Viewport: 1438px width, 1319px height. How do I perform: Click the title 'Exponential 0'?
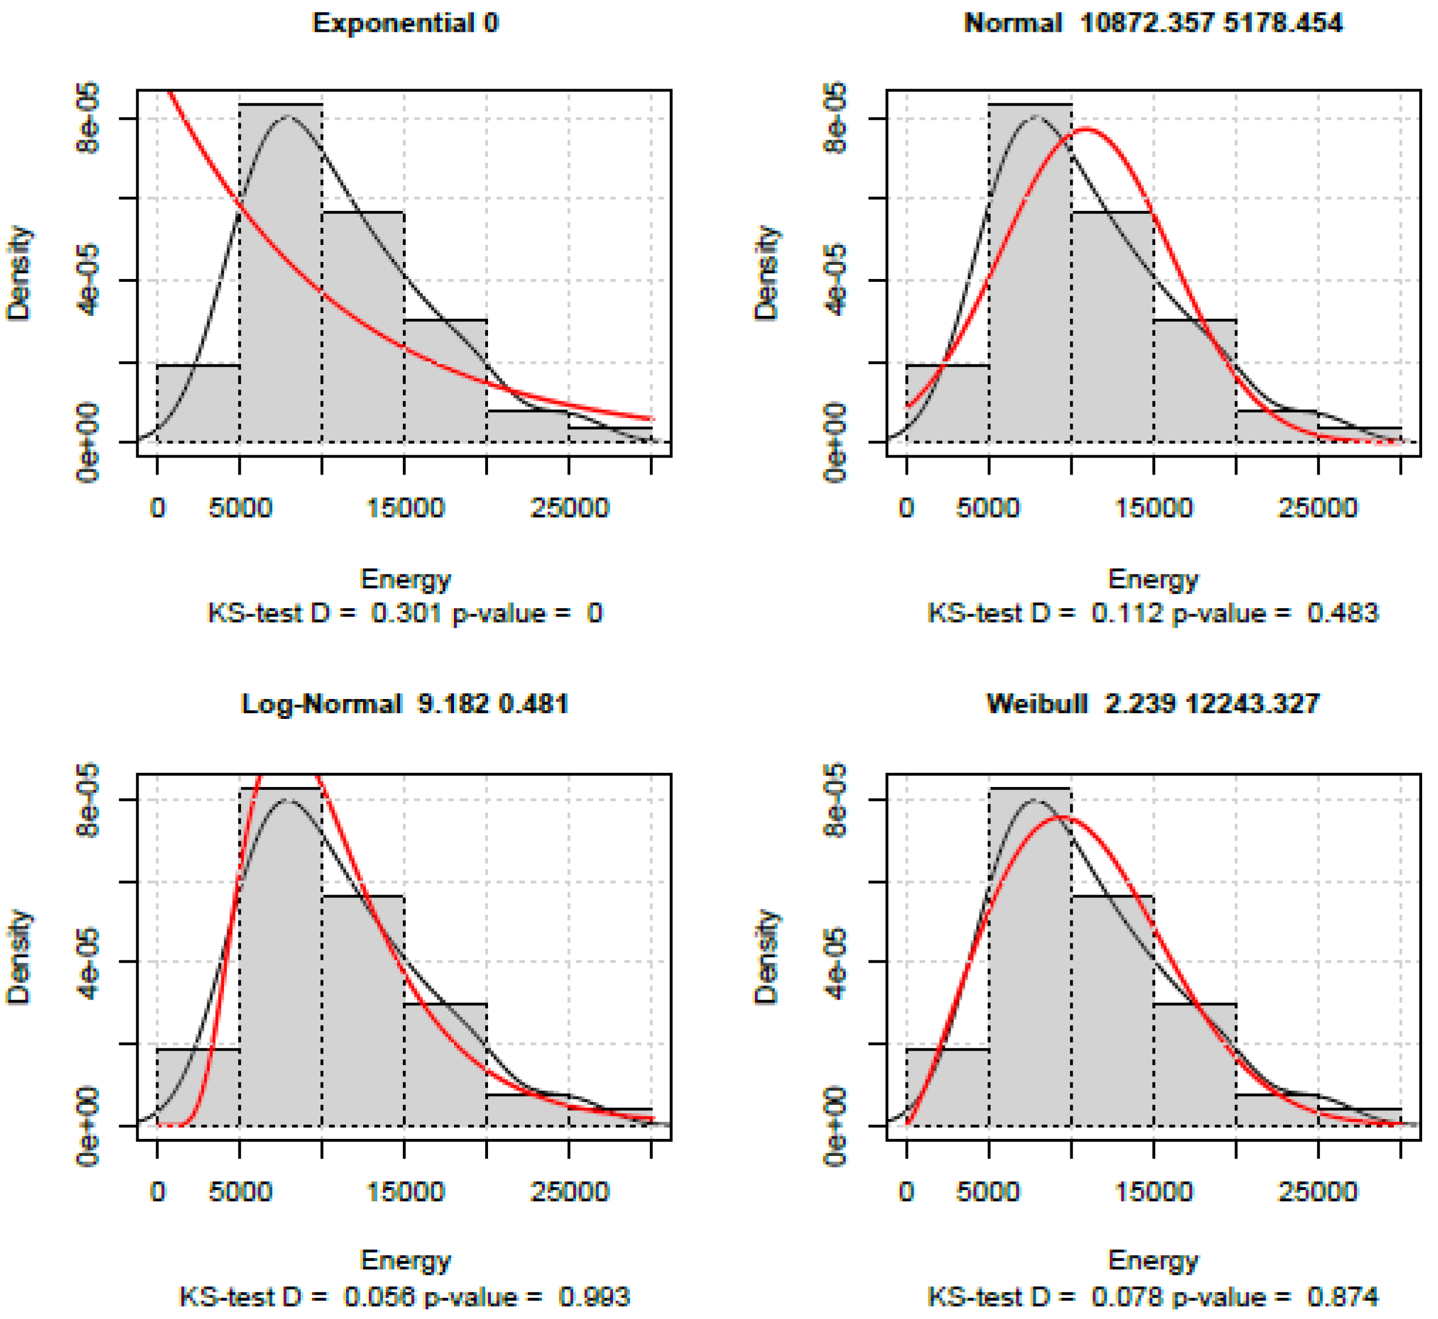click(x=405, y=23)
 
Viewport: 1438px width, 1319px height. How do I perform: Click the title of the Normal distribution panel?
click(x=1153, y=23)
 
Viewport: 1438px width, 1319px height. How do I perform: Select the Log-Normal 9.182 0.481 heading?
click(x=405, y=705)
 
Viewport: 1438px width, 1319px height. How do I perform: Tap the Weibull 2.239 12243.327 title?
click(x=1153, y=705)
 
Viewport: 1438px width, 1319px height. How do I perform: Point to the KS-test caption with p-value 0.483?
click(x=1153, y=613)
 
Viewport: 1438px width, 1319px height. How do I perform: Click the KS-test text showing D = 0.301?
click(x=405, y=613)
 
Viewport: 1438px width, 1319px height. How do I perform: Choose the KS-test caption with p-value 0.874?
click(x=1153, y=1296)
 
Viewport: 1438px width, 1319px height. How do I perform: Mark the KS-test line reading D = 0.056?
click(x=405, y=1296)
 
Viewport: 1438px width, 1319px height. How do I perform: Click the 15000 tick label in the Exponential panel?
click(x=405, y=508)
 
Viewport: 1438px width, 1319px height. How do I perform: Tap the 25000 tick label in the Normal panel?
click(x=1318, y=508)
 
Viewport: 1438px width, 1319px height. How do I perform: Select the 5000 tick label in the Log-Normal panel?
click(x=240, y=1191)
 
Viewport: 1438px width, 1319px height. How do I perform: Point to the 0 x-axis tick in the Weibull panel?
click(x=906, y=1191)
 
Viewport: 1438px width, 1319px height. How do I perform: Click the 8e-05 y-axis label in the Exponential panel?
click(x=87, y=118)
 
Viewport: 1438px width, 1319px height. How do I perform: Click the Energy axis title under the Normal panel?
click(x=1153, y=579)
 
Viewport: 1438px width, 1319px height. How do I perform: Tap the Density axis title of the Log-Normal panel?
click(x=19, y=956)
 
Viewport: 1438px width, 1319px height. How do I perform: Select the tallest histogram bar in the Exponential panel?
click(x=281, y=285)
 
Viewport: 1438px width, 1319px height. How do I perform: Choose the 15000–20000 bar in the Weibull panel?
click(x=1195, y=1071)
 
